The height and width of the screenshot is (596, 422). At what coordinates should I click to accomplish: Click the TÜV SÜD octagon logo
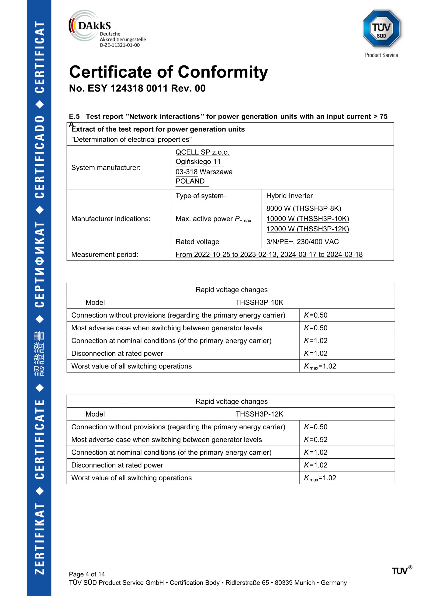tap(381, 29)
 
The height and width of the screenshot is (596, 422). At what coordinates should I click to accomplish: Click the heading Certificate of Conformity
tap(168, 72)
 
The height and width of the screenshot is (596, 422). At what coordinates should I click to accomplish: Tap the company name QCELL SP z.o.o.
tap(202, 152)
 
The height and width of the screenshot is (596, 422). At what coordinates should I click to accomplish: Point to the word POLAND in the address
tap(190, 181)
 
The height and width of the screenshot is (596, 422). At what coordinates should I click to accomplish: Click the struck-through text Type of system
tap(199, 196)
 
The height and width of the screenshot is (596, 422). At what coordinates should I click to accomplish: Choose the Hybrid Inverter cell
tap(289, 196)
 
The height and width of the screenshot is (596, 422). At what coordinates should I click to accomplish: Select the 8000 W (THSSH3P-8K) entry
tap(303, 208)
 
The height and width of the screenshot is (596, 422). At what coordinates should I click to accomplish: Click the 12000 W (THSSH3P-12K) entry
tap(308, 229)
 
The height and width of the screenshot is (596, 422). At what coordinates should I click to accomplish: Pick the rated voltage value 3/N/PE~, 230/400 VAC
tap(302, 242)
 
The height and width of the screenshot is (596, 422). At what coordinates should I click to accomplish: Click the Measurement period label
tap(104, 254)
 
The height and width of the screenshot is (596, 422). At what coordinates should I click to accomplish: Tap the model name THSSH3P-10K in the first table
tap(259, 302)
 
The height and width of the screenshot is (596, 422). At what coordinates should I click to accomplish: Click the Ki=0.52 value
tap(315, 440)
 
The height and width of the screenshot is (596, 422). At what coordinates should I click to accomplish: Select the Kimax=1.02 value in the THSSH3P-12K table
tap(320, 478)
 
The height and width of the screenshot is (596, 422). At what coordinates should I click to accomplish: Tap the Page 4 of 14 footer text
tap(87, 574)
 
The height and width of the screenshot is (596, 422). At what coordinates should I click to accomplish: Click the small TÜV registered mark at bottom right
tap(401, 571)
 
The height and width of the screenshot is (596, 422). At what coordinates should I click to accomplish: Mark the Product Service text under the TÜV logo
tap(381, 55)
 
